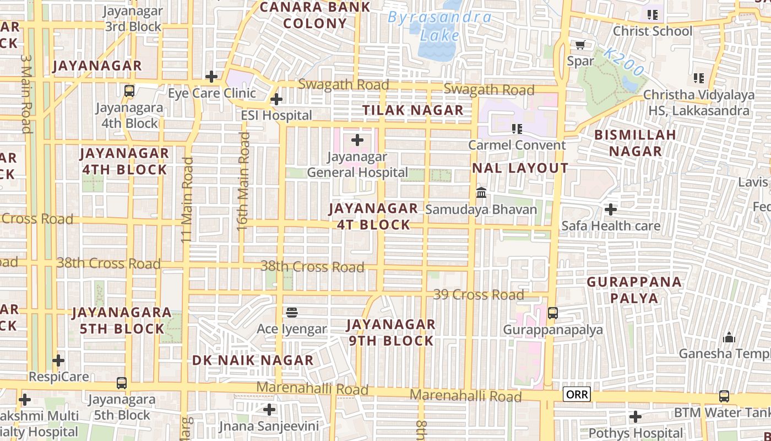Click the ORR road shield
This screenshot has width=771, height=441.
tap(577, 394)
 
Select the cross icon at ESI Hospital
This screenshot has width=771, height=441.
tap(276, 99)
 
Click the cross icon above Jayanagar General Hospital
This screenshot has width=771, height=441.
tap(357, 140)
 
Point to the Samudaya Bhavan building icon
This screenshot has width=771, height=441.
tap(481, 193)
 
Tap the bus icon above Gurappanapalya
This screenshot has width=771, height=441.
tap(553, 313)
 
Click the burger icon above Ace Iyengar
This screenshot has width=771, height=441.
tap(292, 313)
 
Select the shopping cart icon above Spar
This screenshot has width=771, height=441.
tap(580, 45)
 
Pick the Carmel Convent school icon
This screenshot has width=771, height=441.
tap(517, 129)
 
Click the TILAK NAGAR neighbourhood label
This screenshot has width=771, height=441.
tap(413, 110)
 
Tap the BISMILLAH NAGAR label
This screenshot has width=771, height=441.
tap(635, 143)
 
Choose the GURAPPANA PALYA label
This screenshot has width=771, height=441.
tap(634, 290)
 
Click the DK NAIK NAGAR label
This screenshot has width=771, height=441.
tap(253, 361)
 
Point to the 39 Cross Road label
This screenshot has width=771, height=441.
tap(479, 294)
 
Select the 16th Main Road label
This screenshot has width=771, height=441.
tap(243, 180)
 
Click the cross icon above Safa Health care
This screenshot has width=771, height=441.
tap(610, 209)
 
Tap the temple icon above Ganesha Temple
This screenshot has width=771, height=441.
tap(729, 337)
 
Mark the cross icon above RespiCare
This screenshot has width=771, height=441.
tap(58, 361)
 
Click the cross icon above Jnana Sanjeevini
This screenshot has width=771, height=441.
tap(269, 410)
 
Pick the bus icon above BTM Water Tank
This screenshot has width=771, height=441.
tap(724, 396)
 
